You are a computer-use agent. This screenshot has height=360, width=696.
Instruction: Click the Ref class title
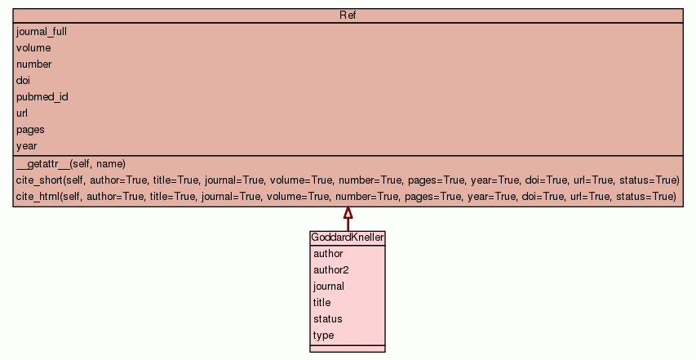348,15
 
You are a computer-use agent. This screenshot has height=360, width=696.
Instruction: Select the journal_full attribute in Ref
42,32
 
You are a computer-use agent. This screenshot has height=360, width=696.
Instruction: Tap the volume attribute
33,48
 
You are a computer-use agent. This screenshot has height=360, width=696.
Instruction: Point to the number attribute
34,64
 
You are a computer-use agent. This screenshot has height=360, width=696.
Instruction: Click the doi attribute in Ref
23,80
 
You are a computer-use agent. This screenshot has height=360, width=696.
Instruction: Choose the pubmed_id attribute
42,97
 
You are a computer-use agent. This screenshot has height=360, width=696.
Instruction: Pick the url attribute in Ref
22,113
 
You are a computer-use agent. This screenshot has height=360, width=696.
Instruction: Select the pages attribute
31,130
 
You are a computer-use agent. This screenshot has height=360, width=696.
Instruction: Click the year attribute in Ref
27,146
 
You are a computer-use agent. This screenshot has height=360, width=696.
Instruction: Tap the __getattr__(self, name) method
71,164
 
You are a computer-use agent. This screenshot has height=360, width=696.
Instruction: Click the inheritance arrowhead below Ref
348,212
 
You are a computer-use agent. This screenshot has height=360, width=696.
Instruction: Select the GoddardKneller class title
348,238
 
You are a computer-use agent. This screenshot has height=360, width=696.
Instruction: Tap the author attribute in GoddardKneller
328,254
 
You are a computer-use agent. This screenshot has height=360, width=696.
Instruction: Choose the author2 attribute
331,270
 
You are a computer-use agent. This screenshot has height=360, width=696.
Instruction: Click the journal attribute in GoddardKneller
329,287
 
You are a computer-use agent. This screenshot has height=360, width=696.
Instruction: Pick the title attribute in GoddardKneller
321,303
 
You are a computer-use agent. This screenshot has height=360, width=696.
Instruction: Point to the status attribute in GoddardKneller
327,319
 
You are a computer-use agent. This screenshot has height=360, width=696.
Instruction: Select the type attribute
324,336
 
